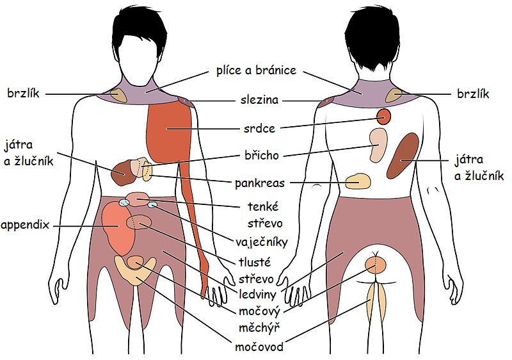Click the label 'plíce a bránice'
[x=256, y=70]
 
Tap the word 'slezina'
[x=256, y=101]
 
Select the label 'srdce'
[x=259, y=128]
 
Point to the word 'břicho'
[x=262, y=155]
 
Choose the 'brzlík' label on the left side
[x=23, y=94]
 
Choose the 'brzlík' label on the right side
[x=472, y=94]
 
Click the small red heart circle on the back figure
[x=383, y=116]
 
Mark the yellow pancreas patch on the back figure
[x=358, y=181]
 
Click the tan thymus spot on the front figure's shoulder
[x=118, y=95]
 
